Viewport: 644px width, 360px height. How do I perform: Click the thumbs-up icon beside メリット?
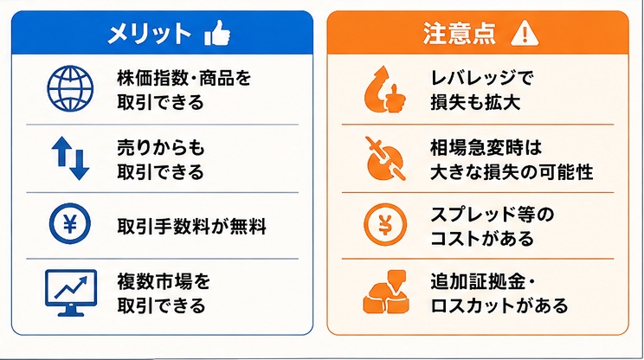[217, 33]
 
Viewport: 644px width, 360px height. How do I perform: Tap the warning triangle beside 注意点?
[525, 33]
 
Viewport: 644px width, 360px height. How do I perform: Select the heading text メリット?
[149, 33]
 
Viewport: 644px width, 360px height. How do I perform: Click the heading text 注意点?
[459, 33]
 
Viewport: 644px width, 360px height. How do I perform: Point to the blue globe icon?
[70, 88]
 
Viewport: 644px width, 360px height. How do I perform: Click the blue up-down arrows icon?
[70, 158]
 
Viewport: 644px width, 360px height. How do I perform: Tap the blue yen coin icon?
[70, 224]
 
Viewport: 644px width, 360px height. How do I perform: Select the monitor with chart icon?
[71, 292]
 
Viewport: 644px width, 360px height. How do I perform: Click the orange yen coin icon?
[385, 224]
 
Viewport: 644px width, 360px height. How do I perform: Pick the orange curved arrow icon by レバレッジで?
[384, 89]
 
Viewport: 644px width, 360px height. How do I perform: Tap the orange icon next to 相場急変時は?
[385, 159]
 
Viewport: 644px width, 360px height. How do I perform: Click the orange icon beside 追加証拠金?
[386, 292]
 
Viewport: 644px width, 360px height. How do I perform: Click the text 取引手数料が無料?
[192, 226]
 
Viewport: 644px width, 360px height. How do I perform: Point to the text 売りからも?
[161, 148]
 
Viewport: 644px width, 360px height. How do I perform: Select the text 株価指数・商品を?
[184, 78]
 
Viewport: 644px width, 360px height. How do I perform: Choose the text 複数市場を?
[164, 282]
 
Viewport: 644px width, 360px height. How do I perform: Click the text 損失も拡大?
[475, 102]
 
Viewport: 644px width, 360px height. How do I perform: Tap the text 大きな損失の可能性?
[512, 172]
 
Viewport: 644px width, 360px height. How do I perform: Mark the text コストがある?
[482, 239]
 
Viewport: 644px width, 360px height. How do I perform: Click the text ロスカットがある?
[499, 305]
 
